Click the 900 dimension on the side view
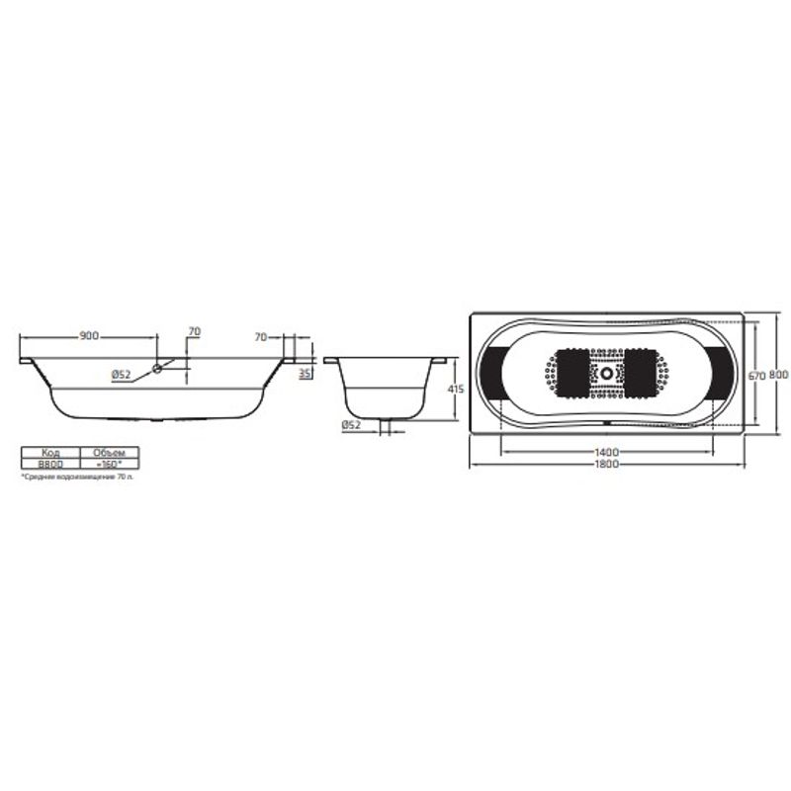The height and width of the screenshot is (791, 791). (x=88, y=337)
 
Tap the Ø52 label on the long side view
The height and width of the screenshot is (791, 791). (x=121, y=374)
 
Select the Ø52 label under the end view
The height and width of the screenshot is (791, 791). (x=349, y=424)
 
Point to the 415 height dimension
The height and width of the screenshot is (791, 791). (x=456, y=390)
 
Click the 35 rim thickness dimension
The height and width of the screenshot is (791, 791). (x=306, y=374)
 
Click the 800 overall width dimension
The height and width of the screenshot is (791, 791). (x=779, y=376)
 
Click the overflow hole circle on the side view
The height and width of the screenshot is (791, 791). (x=156, y=370)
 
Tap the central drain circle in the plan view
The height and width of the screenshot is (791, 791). (x=606, y=375)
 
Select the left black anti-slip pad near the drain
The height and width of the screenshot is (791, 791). (x=571, y=375)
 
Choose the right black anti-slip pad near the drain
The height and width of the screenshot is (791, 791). (x=641, y=375)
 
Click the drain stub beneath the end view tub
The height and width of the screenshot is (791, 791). (x=387, y=427)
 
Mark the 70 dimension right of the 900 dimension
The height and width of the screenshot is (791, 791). (x=194, y=330)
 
